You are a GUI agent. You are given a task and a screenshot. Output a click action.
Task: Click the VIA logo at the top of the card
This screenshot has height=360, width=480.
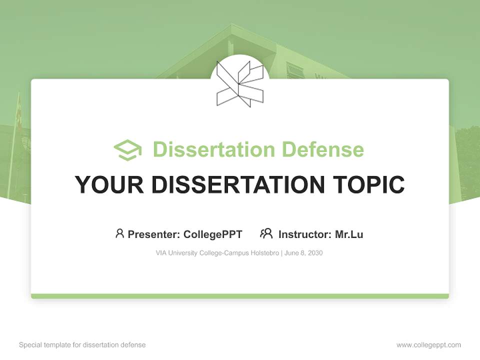(239, 83)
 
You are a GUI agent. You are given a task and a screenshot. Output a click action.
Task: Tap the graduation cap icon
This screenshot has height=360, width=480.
(128, 150)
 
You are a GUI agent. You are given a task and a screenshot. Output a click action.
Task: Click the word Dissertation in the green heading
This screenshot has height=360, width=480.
(214, 149)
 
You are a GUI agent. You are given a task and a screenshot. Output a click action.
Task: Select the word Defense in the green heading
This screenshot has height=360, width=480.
(323, 149)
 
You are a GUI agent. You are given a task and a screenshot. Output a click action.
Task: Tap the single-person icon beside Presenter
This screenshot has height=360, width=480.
(119, 233)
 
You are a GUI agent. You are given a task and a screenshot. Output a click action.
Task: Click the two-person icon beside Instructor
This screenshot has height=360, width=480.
(266, 233)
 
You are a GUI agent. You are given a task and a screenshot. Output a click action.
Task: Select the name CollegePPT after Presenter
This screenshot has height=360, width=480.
(213, 234)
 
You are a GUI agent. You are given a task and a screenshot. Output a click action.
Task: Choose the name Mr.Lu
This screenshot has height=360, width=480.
(349, 234)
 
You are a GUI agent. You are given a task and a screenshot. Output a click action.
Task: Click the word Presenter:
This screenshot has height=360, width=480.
(154, 234)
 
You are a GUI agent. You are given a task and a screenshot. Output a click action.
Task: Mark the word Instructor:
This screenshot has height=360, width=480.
(305, 234)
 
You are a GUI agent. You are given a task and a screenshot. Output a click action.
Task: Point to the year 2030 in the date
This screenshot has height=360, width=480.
(315, 253)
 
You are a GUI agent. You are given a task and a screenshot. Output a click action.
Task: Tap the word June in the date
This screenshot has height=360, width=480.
(291, 253)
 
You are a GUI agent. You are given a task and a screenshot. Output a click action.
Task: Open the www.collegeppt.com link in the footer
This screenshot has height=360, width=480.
(428, 345)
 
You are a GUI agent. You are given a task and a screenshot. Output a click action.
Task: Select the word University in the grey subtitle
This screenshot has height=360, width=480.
(183, 253)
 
